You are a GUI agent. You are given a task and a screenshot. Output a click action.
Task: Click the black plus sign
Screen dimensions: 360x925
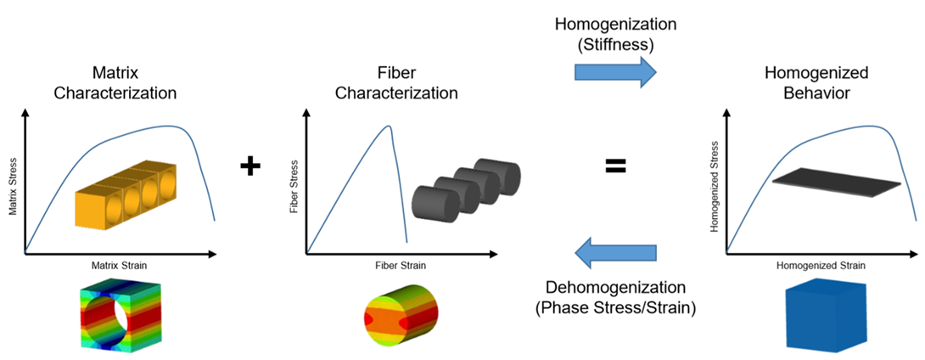pos(249,166)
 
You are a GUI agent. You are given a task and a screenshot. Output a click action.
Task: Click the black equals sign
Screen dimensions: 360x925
pos(614,166)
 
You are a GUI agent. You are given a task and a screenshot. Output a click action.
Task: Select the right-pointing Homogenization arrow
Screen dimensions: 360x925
pos(615,72)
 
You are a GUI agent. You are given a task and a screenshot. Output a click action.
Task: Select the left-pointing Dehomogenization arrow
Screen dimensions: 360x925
pos(615,252)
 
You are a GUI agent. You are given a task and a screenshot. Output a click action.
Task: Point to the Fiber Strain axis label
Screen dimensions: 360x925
pos(400,266)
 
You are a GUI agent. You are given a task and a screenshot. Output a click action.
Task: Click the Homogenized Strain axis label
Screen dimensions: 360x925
pos(821,266)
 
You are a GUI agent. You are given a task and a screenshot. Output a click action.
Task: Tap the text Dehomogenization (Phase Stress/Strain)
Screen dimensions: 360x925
pos(615,298)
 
